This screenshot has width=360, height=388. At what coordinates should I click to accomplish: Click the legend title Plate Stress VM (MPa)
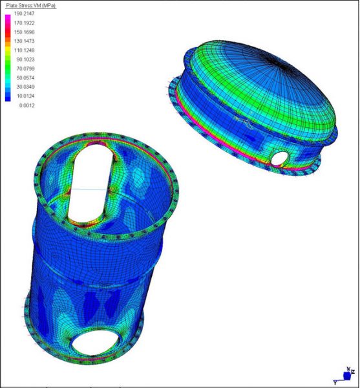pyautogui.click(x=31, y=5)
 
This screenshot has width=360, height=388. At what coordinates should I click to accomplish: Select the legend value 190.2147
pyautogui.click(x=24, y=14)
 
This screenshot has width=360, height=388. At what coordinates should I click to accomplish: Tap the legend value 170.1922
pyautogui.click(x=24, y=23)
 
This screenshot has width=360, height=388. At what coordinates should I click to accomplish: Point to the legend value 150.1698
pyautogui.click(x=24, y=32)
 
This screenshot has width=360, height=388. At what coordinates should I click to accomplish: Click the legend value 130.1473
pyautogui.click(x=24, y=41)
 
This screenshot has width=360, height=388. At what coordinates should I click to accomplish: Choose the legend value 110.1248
pyautogui.click(x=24, y=50)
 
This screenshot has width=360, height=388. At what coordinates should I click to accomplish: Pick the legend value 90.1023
pyautogui.click(x=25, y=59)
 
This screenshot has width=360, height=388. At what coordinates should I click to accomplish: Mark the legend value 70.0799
pyautogui.click(x=25, y=69)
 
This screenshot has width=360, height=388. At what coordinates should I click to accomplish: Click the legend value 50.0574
pyautogui.click(x=25, y=78)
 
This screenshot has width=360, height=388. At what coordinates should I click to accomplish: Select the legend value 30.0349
pyautogui.click(x=25, y=87)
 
